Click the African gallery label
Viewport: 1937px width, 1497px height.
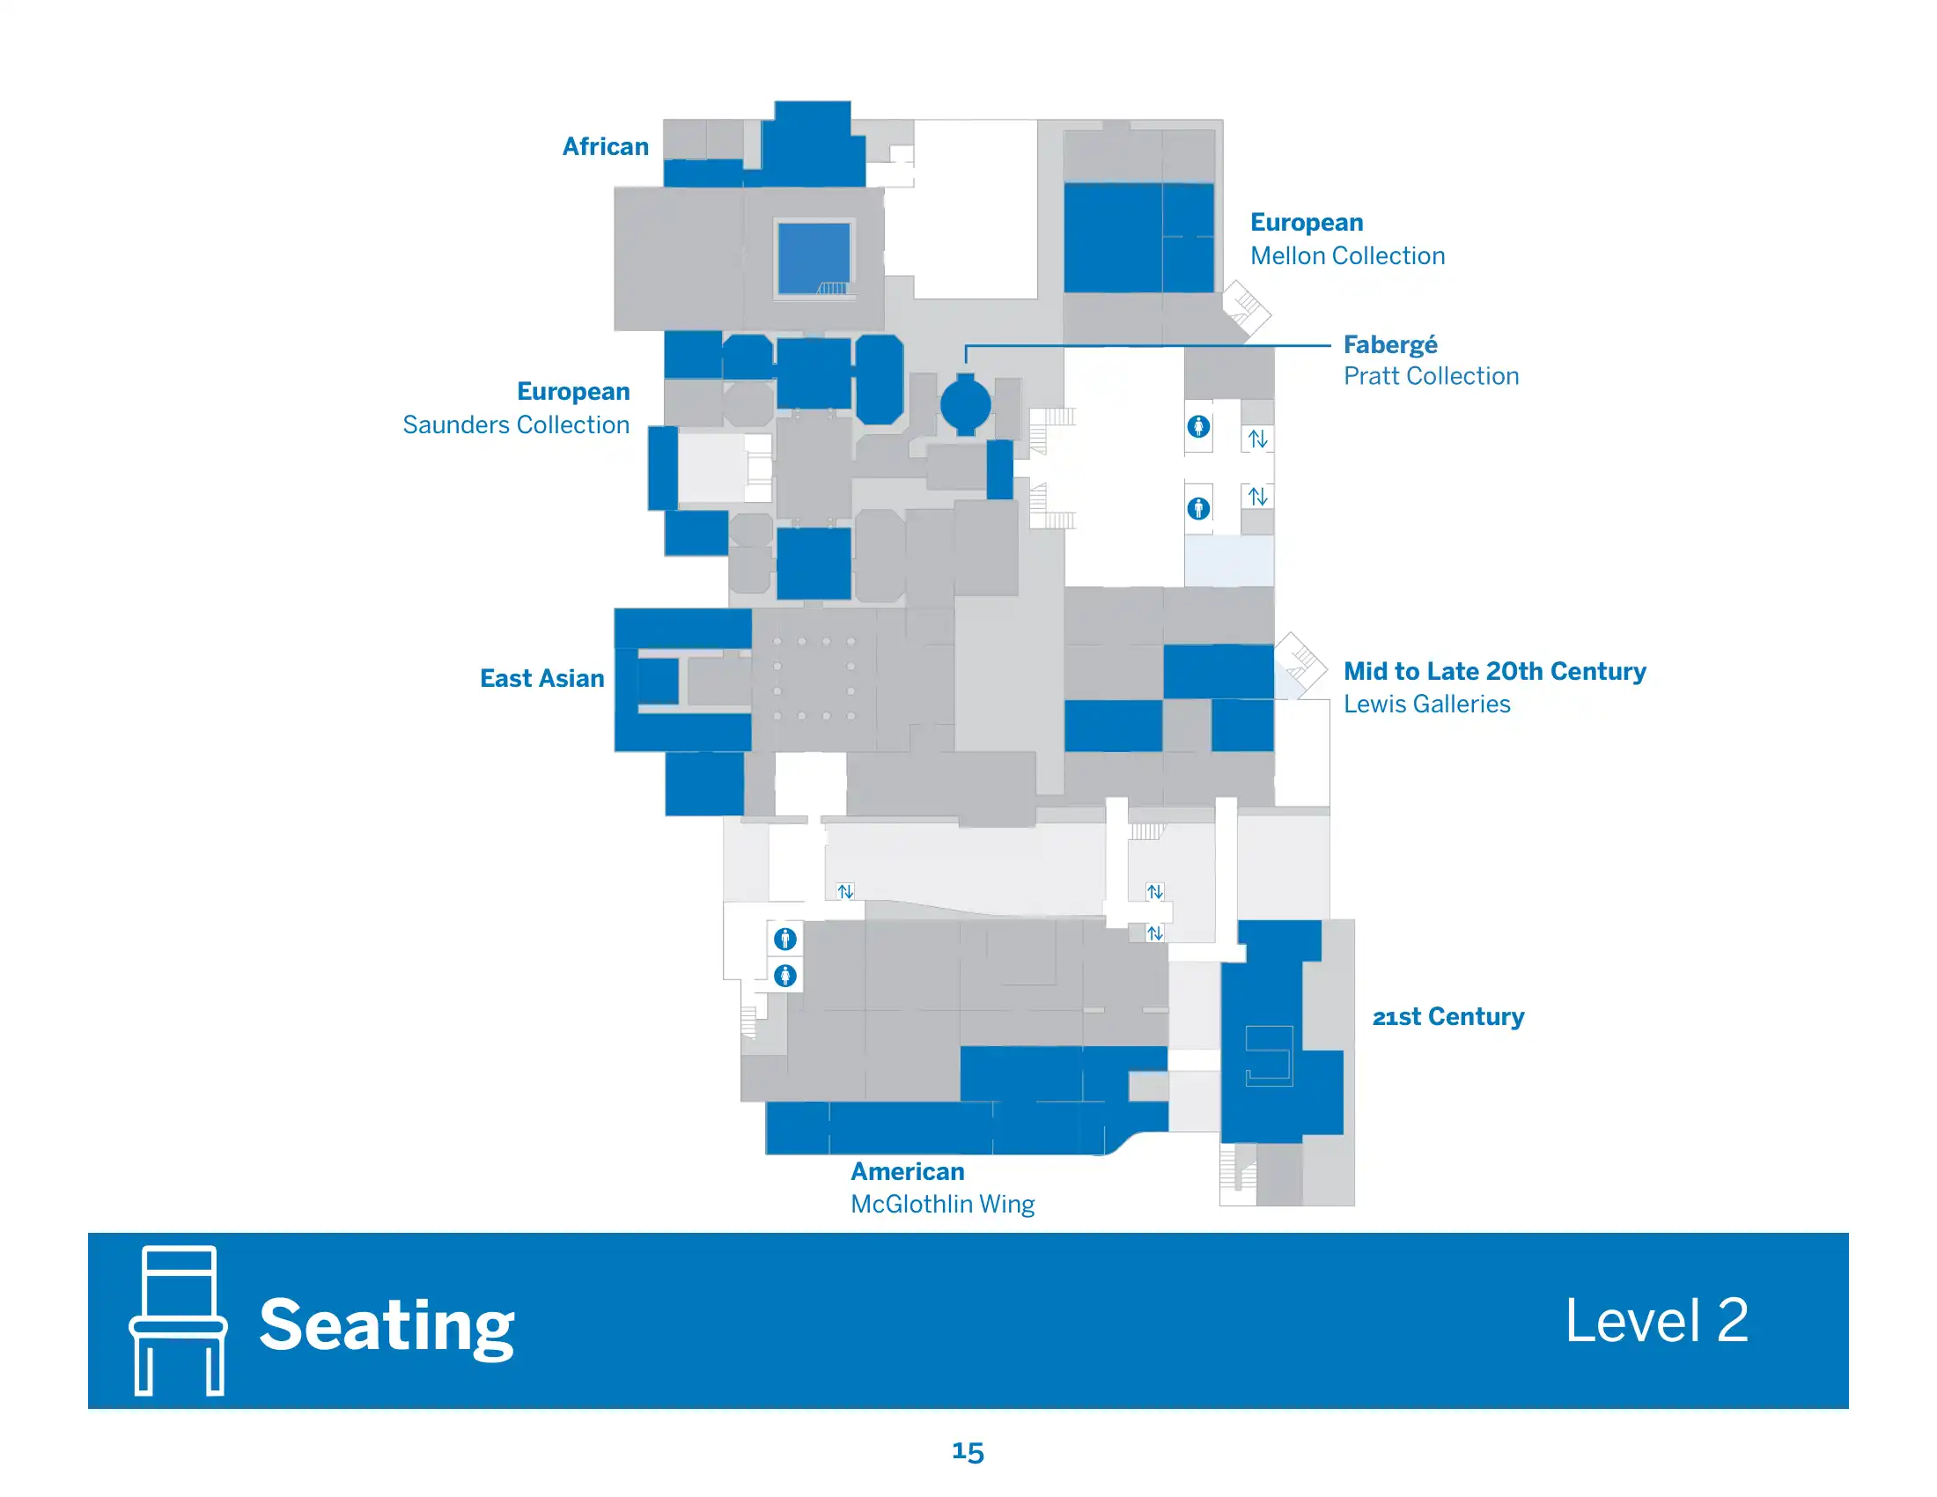605,146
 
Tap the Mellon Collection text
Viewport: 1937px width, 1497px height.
1347,256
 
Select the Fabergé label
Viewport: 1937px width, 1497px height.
1389,344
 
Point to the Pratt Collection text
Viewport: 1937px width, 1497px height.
1431,376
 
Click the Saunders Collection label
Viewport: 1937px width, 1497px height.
516,424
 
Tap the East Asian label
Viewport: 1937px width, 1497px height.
541,678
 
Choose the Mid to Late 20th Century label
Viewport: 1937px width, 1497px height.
1494,671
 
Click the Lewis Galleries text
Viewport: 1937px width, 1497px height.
1426,704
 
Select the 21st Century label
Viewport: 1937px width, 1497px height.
1448,1016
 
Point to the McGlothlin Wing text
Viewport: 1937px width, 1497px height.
943,1205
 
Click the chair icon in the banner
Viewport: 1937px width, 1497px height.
178,1320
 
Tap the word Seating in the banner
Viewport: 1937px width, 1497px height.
387,1325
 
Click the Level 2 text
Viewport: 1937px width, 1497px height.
1656,1321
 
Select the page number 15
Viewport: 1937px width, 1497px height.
968,1451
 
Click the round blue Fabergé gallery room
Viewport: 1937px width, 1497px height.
965,405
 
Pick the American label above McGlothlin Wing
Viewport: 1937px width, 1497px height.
907,1171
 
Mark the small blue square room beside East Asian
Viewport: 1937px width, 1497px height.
657,681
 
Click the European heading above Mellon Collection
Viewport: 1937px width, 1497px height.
1307,223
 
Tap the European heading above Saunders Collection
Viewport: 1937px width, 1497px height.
573,392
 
